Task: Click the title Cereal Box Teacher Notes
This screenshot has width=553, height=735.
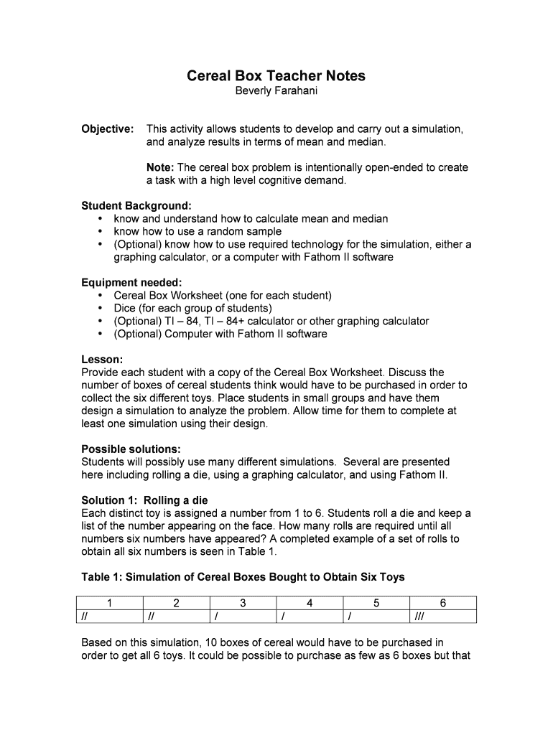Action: [276, 75]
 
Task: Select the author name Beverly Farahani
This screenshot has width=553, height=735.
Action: [276, 91]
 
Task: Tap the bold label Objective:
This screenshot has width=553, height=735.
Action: [108, 129]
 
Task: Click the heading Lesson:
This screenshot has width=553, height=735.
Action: [102, 360]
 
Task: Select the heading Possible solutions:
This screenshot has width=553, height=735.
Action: [131, 449]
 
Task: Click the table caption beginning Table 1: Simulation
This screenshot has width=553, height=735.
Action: [243, 577]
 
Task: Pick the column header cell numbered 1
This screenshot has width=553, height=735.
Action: [109, 604]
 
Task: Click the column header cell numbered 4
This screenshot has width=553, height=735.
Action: [310, 604]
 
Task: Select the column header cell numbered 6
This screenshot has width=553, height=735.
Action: [443, 604]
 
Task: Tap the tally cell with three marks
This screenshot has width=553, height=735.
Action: [443, 617]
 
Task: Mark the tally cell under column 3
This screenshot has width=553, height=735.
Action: [243, 617]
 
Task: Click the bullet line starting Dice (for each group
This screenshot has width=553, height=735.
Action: [192, 309]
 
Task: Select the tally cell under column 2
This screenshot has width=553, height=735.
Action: [176, 617]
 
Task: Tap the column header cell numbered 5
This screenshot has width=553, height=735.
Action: [376, 604]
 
